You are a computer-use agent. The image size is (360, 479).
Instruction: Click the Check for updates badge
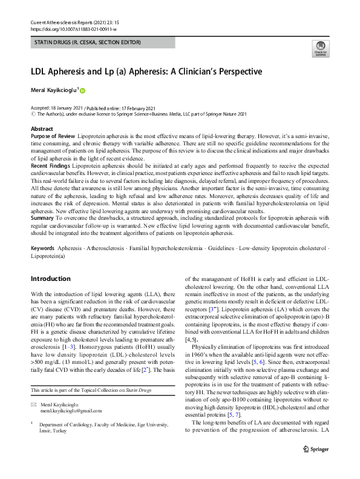point(320,48)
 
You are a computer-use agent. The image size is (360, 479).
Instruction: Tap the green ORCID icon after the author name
point(82,90)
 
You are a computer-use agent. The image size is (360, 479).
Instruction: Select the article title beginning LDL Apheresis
point(146,71)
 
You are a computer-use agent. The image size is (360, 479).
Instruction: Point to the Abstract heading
point(42,130)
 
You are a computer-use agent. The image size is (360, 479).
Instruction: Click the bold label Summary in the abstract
point(42,216)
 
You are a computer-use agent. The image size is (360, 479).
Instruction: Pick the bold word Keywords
point(42,249)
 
